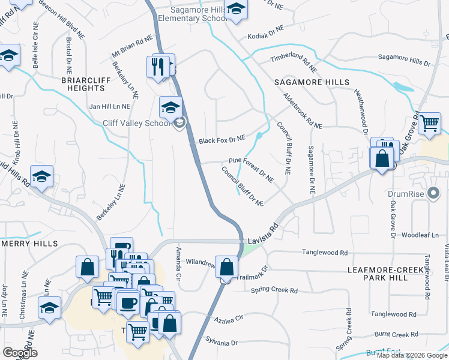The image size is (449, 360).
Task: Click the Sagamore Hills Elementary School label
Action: [191, 14]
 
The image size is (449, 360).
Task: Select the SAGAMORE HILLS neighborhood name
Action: [311, 82]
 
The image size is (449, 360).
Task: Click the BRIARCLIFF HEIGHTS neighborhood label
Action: [83, 83]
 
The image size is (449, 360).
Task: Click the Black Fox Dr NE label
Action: [222, 139]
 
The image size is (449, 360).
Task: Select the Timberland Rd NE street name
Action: [293, 60]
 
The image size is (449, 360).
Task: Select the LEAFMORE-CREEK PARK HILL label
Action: [386, 274]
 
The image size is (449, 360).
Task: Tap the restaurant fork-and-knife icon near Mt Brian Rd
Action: [158, 65]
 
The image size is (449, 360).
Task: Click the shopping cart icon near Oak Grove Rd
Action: [429, 122]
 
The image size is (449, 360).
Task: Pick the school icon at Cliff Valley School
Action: [170, 107]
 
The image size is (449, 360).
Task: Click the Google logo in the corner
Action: [19, 353]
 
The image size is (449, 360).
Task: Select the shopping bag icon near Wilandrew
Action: [226, 266]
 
